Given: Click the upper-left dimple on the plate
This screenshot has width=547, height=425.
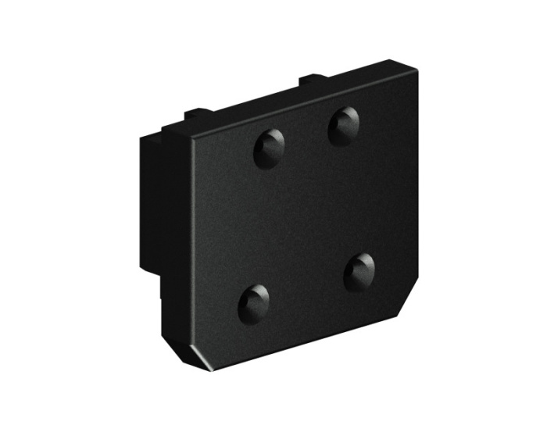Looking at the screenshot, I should pyautogui.click(x=268, y=148).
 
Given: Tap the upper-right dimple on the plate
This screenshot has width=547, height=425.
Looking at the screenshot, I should pyautogui.click(x=343, y=125).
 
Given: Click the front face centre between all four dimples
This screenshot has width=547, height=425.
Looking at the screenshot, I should pyautogui.click(x=306, y=211).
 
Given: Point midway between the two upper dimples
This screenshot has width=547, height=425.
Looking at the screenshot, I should pyautogui.click(x=306, y=137).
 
